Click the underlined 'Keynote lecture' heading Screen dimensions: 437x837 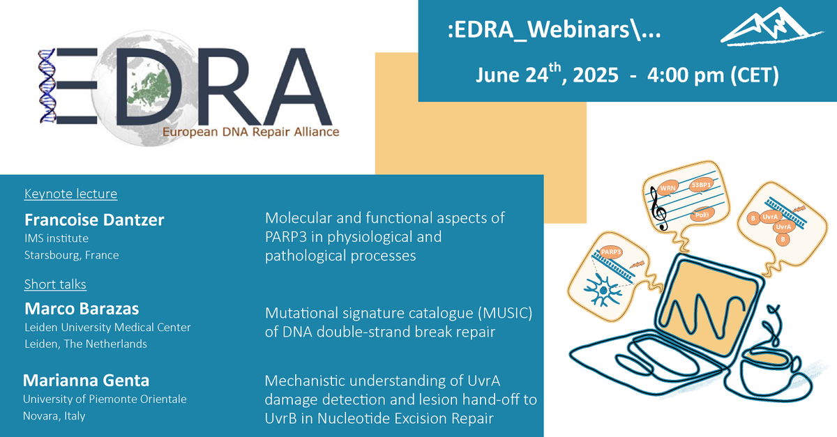pyautogui.click(x=70, y=194)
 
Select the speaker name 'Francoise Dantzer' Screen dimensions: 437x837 pyautogui.click(x=94, y=220)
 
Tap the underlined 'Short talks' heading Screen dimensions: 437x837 pyautogui.click(x=55, y=284)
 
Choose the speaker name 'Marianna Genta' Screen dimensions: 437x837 pyautogui.click(x=86, y=381)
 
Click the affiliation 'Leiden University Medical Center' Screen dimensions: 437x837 pyautogui.click(x=107, y=327)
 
